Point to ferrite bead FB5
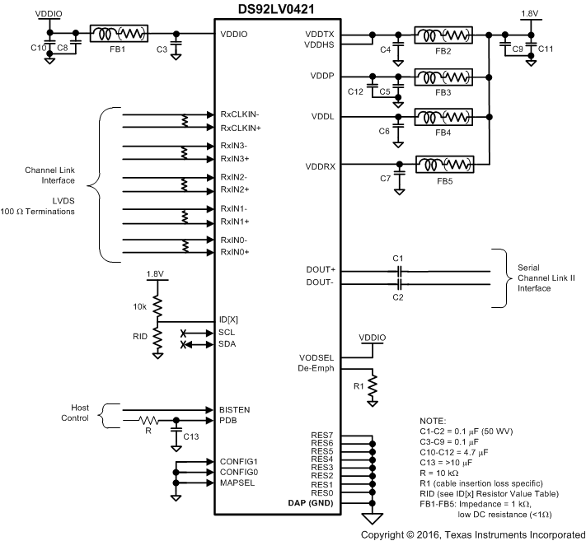[x=444, y=164]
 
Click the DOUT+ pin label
[x=322, y=269]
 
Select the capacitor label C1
[x=397, y=258]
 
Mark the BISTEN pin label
[x=235, y=409]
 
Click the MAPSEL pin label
[x=237, y=483]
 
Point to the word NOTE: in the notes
[x=434, y=422]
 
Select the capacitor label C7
[x=385, y=178]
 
